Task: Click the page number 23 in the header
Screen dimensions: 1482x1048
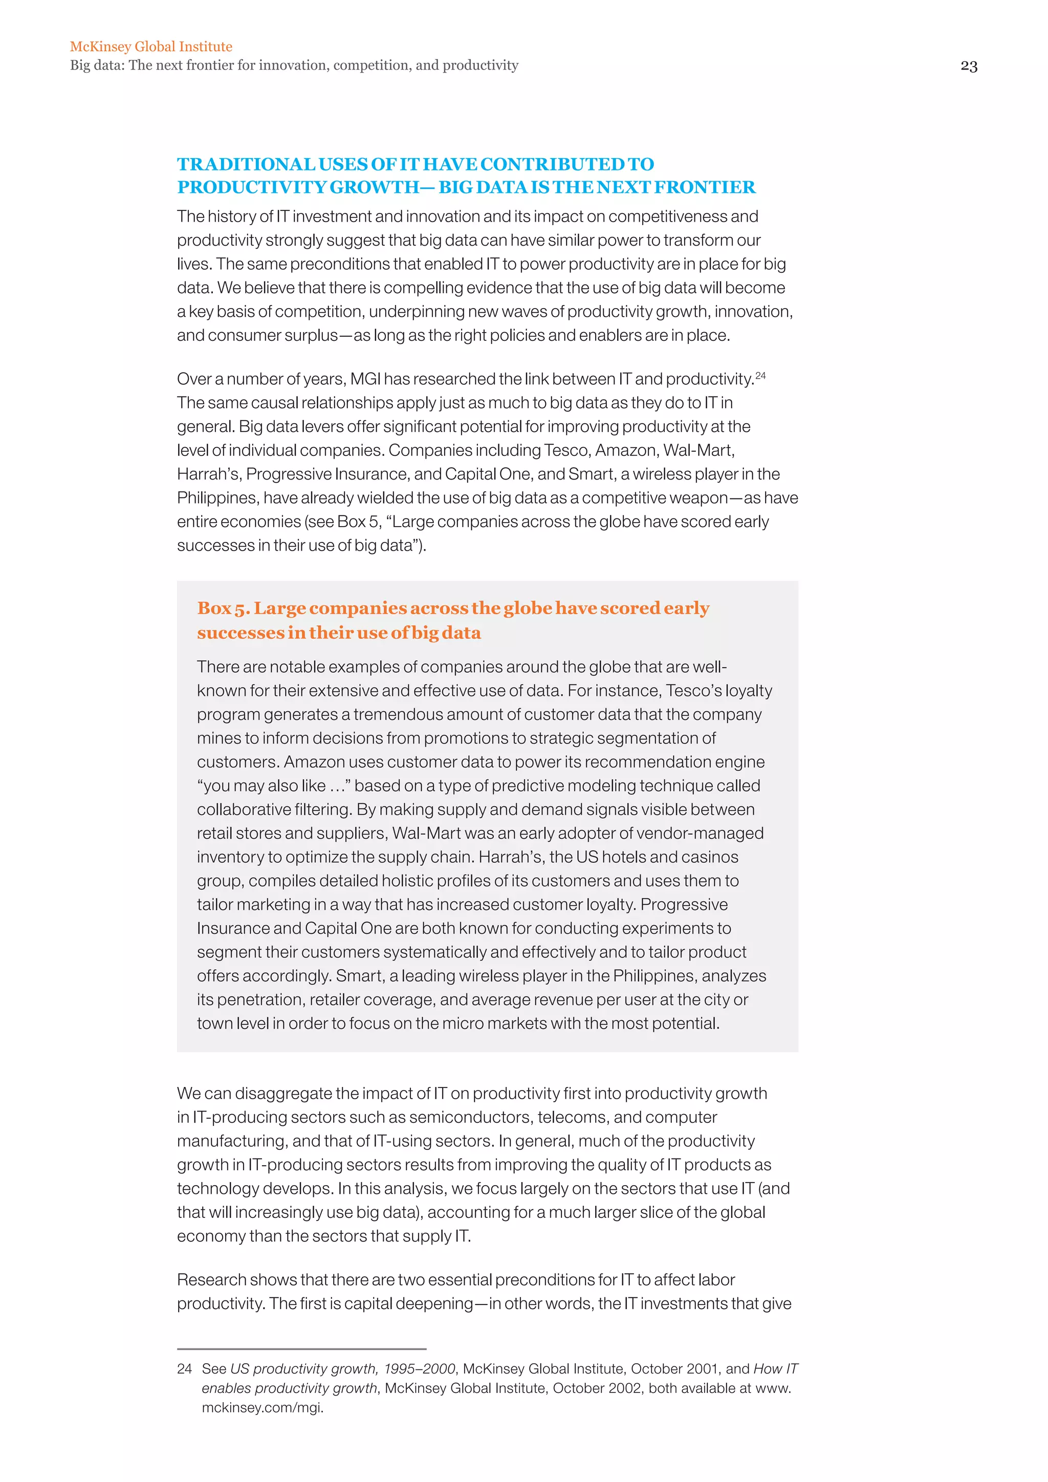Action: coord(969,67)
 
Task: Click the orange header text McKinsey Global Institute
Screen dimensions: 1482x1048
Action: coord(151,47)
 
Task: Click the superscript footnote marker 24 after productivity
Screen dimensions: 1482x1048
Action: coord(760,375)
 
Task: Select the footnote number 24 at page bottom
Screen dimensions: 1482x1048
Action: coord(185,1369)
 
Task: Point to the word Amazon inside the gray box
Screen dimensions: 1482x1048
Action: coord(314,761)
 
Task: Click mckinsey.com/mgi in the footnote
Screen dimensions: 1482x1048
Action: coord(261,1408)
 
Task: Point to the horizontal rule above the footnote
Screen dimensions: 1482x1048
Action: coord(301,1349)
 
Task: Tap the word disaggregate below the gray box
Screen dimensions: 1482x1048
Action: coord(282,1094)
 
